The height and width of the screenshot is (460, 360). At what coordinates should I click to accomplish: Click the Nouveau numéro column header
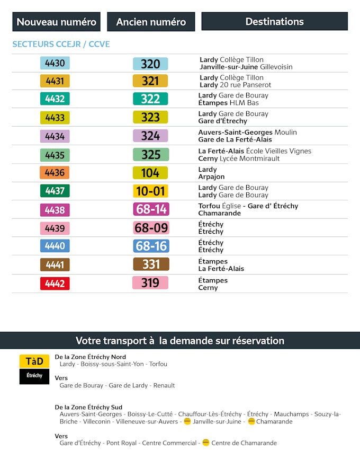click(57, 22)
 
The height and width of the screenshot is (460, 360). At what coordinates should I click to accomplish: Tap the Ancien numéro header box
click(151, 22)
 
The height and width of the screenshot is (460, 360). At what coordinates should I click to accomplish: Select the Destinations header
click(274, 22)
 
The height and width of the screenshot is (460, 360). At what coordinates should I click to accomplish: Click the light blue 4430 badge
click(55, 63)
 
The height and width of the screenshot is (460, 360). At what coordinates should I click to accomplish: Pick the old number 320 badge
click(150, 64)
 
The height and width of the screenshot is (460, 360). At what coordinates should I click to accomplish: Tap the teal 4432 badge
click(55, 99)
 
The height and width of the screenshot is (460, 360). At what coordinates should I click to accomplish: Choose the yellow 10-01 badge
click(150, 191)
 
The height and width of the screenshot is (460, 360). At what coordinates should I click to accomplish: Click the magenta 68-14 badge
click(151, 209)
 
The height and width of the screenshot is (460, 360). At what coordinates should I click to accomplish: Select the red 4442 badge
click(55, 284)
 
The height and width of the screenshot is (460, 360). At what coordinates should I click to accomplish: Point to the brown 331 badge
click(151, 264)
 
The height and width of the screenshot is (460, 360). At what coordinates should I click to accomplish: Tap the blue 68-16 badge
click(151, 246)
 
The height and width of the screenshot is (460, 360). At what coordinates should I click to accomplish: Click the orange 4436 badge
click(55, 173)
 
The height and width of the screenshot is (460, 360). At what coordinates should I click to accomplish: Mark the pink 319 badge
click(150, 283)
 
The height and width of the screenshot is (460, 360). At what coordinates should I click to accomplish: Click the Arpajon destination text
click(211, 177)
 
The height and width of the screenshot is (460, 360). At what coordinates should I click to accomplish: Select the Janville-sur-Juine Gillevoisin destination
click(246, 67)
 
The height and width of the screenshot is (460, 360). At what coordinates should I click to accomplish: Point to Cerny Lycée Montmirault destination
click(239, 158)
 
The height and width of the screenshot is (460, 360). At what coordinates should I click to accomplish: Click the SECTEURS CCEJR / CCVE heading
click(61, 44)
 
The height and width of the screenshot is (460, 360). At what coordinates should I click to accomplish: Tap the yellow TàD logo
click(34, 361)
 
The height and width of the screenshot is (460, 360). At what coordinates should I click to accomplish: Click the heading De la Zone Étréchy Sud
click(88, 406)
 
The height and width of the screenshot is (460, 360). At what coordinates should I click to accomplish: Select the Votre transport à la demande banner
click(180, 341)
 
